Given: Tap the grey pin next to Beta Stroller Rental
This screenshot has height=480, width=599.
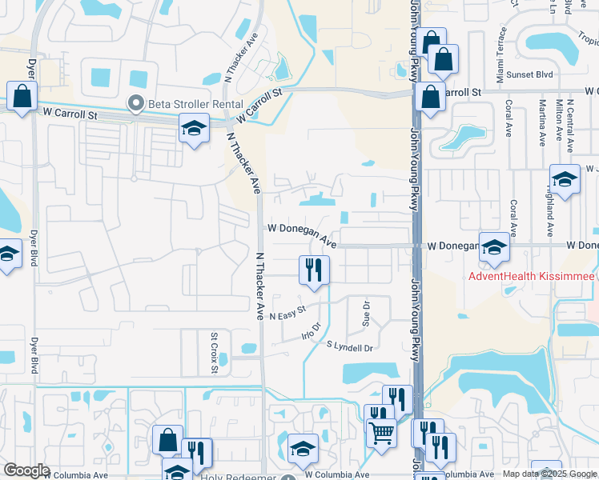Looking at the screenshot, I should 136,102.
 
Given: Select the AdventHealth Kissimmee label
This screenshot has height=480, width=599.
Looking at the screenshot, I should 531,276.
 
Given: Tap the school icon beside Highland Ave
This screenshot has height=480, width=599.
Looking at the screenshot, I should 565,179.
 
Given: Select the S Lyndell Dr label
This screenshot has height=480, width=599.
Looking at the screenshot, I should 350,347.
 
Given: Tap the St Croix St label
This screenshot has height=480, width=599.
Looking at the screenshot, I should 214,353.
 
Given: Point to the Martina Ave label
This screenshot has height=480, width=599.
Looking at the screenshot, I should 542,127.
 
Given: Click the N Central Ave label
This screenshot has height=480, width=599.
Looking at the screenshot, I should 570,126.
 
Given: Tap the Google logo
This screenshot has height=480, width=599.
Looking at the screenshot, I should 26,470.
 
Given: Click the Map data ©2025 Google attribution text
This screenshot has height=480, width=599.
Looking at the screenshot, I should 549,474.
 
